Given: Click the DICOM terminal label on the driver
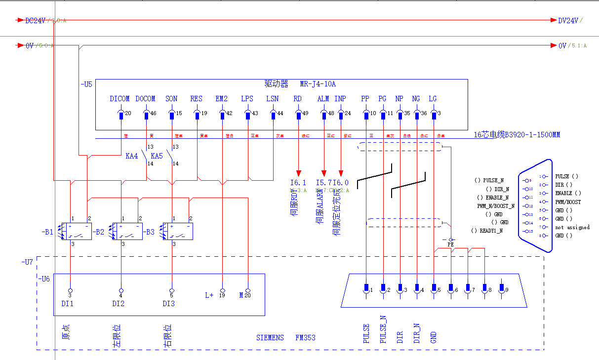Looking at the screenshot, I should (x=120, y=99).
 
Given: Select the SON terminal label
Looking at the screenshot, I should (x=171, y=99).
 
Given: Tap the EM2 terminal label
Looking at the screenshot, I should (x=222, y=99).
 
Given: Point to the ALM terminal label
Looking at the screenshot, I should (x=323, y=99).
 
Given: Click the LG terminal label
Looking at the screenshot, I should (x=433, y=99).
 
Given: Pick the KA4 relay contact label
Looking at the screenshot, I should (x=132, y=156).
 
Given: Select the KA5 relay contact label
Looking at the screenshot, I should (x=157, y=156).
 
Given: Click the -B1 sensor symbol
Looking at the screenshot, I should (x=75, y=232).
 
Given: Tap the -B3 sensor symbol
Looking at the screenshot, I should (x=177, y=232).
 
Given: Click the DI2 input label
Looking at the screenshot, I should (x=118, y=304).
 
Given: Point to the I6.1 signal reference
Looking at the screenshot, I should (x=298, y=183).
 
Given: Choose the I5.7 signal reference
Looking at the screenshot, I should (x=323, y=183).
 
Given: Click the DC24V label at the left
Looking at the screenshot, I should (x=35, y=21).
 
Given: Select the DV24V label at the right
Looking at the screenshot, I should (x=568, y=21).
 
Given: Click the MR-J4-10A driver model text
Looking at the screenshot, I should (x=321, y=83).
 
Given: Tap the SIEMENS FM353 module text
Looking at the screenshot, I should (x=285, y=338).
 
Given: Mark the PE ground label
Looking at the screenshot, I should (x=450, y=244).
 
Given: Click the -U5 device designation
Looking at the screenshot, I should (x=86, y=84).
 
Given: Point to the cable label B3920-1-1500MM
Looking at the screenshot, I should (x=517, y=135).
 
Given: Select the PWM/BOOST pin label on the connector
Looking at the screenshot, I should (x=568, y=202).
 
